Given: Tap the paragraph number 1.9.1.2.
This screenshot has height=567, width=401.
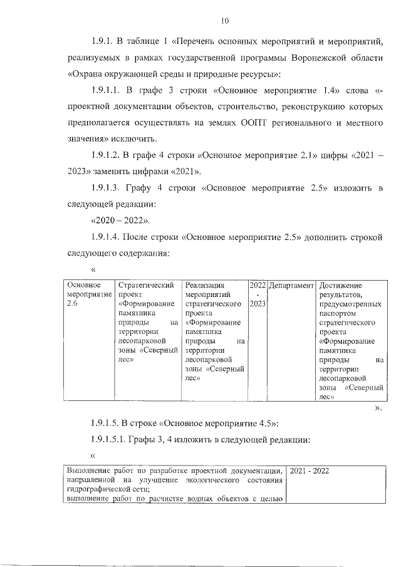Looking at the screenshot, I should coord(108,155).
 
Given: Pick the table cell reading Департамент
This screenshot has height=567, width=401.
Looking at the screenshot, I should coord(291,286).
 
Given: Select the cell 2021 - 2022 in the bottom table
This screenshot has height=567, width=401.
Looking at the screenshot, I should coord(312,471).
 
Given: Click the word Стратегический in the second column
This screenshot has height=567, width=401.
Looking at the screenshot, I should coord(145,286).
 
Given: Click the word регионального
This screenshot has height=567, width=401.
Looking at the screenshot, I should coord(275,123).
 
